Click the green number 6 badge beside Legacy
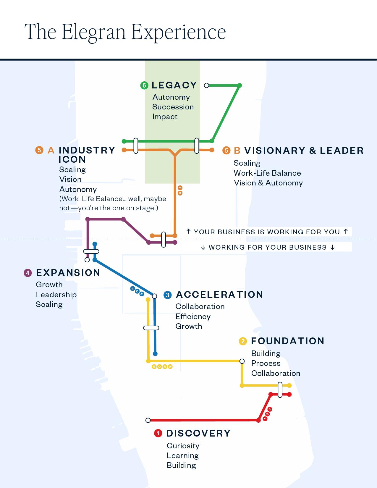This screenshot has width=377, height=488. point(144,86)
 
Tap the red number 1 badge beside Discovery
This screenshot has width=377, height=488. point(158,434)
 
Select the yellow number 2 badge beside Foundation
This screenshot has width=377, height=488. point(243,341)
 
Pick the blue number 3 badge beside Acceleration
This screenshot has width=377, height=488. point(168,295)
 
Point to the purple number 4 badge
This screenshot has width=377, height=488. point(27,273)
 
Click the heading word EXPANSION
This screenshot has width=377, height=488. point(68,273)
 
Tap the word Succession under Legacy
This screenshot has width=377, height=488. point(173,107)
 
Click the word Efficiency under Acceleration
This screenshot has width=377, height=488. point(193,316)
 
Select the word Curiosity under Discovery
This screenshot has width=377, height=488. point(183,446)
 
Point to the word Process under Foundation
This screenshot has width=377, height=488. point(266,363)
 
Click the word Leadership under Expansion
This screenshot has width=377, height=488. point(56,295)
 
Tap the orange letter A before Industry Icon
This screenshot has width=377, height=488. point(51,150)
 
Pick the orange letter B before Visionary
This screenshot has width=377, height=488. point(237,151)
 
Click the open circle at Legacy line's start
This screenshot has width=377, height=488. point(207,85)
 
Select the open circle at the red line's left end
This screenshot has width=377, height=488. point(148,420)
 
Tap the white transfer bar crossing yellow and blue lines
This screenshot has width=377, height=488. point(151,328)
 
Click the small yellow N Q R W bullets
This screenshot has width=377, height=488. point(162,367)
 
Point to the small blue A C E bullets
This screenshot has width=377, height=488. point(137,291)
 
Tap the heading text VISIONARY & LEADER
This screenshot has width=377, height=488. point(304,151)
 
